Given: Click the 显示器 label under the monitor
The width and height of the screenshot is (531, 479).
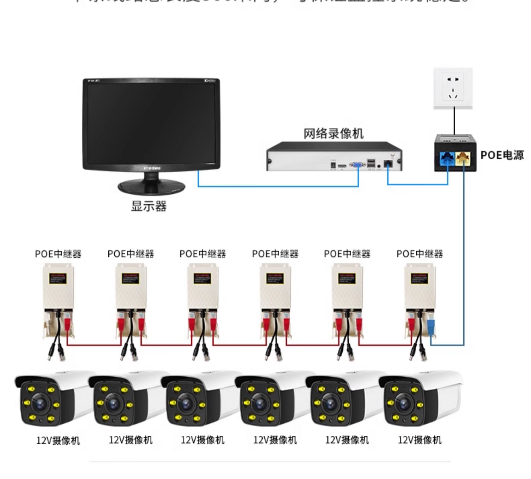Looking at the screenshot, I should click(x=149, y=206).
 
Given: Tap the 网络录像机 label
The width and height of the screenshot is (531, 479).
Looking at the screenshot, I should click(x=333, y=133).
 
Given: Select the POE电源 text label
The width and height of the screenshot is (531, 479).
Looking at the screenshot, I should click(x=502, y=155).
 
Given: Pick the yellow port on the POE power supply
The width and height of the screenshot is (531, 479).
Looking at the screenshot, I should click(x=463, y=158).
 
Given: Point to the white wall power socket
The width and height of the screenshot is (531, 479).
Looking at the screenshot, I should click(x=453, y=88).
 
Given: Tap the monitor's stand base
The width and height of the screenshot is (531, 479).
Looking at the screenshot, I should click(x=152, y=187).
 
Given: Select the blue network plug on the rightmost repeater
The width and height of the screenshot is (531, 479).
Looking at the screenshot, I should click(x=431, y=327).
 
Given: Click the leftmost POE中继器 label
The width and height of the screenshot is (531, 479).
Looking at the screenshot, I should click(x=58, y=254).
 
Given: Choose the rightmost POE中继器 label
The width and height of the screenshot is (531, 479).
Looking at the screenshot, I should click(x=419, y=254).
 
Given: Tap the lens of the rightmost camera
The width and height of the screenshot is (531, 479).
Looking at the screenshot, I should click(x=402, y=403).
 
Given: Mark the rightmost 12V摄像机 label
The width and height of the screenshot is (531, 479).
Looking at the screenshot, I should click(x=419, y=440).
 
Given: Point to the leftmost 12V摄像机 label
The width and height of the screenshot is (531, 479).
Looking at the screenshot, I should click(x=58, y=441).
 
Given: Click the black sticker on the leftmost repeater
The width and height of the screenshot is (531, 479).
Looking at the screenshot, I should click(x=58, y=279).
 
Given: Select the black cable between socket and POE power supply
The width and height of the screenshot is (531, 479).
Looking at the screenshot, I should click(x=455, y=121).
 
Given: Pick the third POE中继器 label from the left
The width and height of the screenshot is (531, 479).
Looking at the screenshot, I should click(x=202, y=254).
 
